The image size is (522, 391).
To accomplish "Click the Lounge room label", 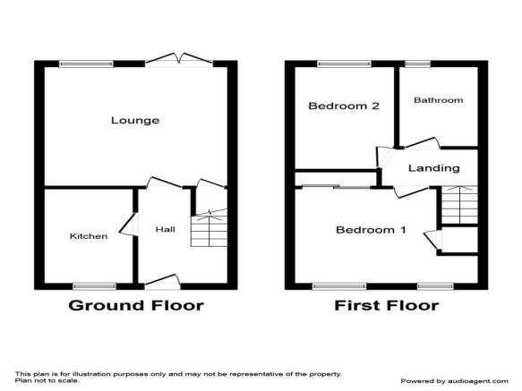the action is click(135, 121).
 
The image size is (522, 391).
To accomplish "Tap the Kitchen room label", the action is click(89, 236).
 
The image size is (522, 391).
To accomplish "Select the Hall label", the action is click(166, 229).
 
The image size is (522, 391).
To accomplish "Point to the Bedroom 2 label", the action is click(344, 106).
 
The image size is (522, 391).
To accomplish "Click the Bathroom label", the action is click(439, 100).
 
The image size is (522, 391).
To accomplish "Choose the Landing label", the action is click(434, 168).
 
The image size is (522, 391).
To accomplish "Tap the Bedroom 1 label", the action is click(371, 230).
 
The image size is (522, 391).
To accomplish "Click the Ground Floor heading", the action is click(136, 305).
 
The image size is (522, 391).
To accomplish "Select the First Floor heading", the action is click(387, 305).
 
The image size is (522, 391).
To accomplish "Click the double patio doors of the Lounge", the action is click(179, 59).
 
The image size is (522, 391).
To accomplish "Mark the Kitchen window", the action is click(95, 285).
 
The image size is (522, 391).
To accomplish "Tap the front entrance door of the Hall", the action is click(162, 282).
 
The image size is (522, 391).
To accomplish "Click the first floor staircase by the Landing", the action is click(459, 205).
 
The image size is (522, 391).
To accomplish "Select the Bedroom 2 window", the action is click(344, 64).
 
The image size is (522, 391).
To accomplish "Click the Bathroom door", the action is click(421, 143).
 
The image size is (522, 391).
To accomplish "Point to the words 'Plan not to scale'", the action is click(47, 380).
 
